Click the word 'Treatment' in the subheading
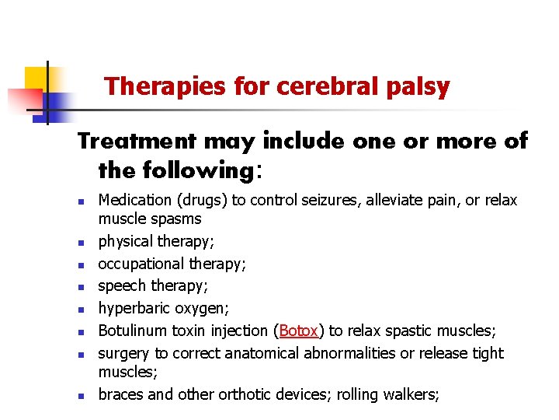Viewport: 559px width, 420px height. (x=136, y=141)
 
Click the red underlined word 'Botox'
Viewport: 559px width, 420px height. (x=299, y=331)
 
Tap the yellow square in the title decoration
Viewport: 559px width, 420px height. (x=36, y=79)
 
